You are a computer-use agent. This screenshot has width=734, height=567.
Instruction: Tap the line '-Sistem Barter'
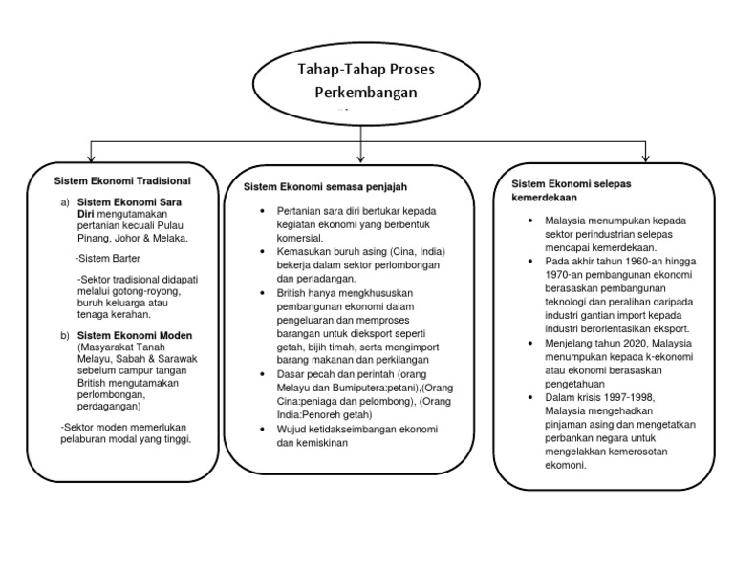point(106,259)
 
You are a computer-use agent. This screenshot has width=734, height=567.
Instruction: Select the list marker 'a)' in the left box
point(65,203)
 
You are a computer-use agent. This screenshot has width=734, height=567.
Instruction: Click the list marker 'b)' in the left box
point(65,335)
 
